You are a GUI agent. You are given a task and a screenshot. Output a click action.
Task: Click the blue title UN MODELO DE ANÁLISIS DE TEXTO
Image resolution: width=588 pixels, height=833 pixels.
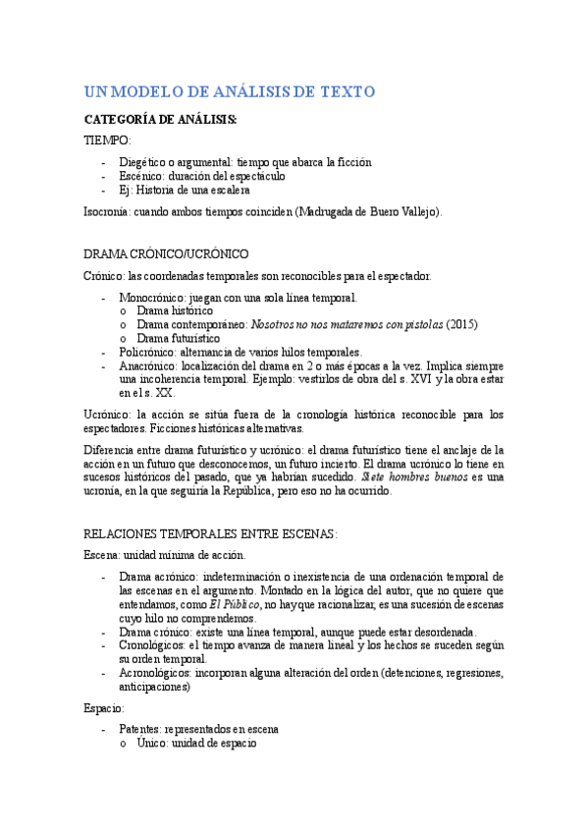[230, 91]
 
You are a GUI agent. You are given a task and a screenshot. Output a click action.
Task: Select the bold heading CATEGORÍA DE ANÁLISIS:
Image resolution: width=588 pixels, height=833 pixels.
[160, 120]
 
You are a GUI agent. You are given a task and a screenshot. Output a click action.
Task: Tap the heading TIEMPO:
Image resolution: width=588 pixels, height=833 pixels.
[108, 140]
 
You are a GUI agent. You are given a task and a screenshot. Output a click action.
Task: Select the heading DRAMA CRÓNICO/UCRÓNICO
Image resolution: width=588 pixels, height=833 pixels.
[166, 253]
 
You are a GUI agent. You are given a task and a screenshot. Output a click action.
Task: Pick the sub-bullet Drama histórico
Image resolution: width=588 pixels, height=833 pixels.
[175, 310]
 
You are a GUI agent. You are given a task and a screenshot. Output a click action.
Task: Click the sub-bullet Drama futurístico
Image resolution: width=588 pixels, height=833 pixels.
[179, 338]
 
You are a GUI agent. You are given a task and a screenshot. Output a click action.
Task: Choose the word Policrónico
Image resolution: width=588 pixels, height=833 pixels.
[145, 352]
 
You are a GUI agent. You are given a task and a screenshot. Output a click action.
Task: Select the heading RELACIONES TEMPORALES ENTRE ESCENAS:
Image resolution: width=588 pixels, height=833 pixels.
[210, 533]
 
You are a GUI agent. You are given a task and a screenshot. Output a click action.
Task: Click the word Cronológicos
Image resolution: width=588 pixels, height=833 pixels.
[151, 645]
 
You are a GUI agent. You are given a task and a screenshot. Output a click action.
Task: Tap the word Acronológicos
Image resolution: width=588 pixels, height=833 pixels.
[155, 673]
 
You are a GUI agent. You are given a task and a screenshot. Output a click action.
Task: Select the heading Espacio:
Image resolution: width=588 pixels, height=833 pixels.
[103, 707]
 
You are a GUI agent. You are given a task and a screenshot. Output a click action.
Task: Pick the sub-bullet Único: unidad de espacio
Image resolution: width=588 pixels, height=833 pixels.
[197, 744]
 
